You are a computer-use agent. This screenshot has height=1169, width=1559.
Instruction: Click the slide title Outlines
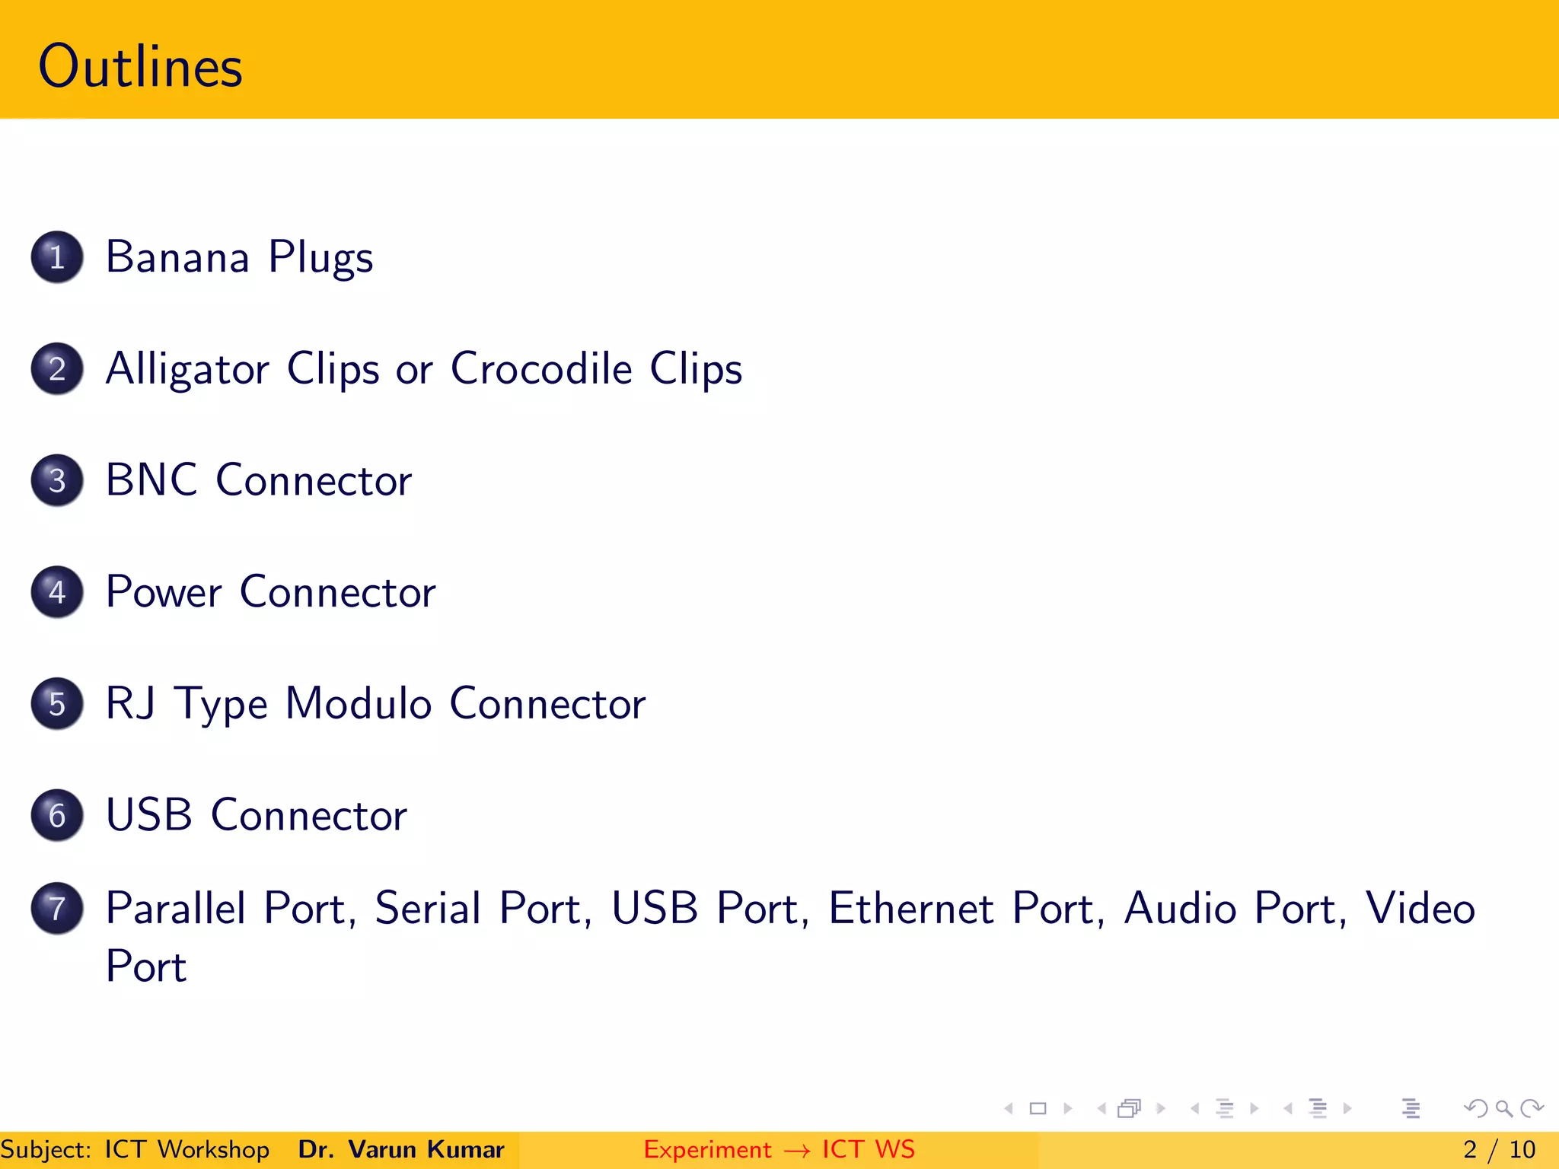pyautogui.click(x=140, y=67)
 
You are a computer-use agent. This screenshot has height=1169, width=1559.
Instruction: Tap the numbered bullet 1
pyautogui.click(x=57, y=257)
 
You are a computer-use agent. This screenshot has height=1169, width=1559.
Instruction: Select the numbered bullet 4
pyautogui.click(x=57, y=592)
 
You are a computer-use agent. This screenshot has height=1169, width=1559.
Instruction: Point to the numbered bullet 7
pyautogui.click(x=57, y=908)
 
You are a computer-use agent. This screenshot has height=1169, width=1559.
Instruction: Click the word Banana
pyautogui.click(x=177, y=257)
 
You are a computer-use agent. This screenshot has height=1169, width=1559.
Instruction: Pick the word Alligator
pyautogui.click(x=187, y=370)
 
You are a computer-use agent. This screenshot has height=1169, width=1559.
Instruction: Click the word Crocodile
pyautogui.click(x=541, y=368)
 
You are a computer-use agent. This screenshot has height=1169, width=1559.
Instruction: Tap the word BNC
pyautogui.click(x=151, y=480)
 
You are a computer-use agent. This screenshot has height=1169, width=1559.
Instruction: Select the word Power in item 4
pyautogui.click(x=164, y=592)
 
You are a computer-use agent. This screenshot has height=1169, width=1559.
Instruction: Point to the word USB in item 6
pyautogui.click(x=148, y=815)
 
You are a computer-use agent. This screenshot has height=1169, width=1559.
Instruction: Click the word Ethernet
pyautogui.click(x=910, y=908)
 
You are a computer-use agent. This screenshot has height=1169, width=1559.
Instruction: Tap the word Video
pyautogui.click(x=1420, y=908)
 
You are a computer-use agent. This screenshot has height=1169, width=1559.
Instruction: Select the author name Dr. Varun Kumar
pyautogui.click(x=401, y=1149)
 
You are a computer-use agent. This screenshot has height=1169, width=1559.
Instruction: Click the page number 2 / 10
pyautogui.click(x=1499, y=1149)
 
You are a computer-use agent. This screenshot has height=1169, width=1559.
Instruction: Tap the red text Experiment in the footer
pyautogui.click(x=707, y=1150)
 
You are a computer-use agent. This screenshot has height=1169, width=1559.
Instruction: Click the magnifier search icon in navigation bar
pyautogui.click(x=1503, y=1108)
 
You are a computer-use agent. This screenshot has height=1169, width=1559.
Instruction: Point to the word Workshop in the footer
pyautogui.click(x=214, y=1150)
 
